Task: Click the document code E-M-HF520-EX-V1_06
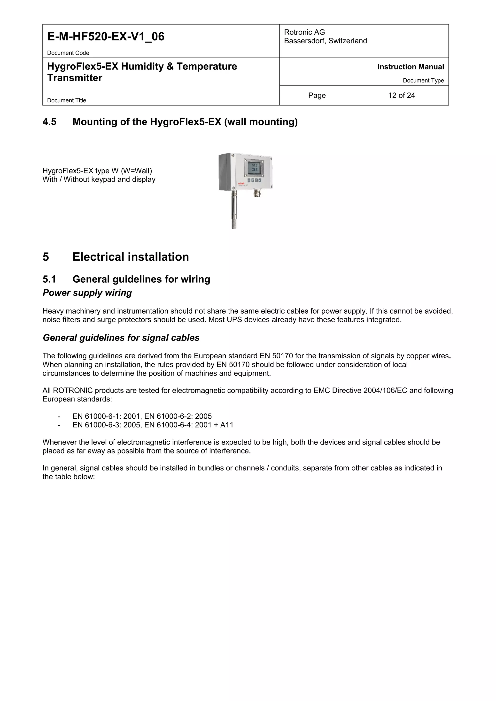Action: coord(106,37)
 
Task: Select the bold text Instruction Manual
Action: coord(411,67)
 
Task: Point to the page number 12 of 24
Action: coord(401,96)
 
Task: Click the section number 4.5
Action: coord(49,122)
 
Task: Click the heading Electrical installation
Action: coord(131,257)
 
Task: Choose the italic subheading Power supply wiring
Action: coord(87,293)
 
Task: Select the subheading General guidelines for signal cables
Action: coord(121,338)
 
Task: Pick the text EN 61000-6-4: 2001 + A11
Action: coord(189,425)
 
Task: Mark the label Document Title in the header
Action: coord(67,100)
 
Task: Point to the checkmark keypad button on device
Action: coord(260,181)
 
